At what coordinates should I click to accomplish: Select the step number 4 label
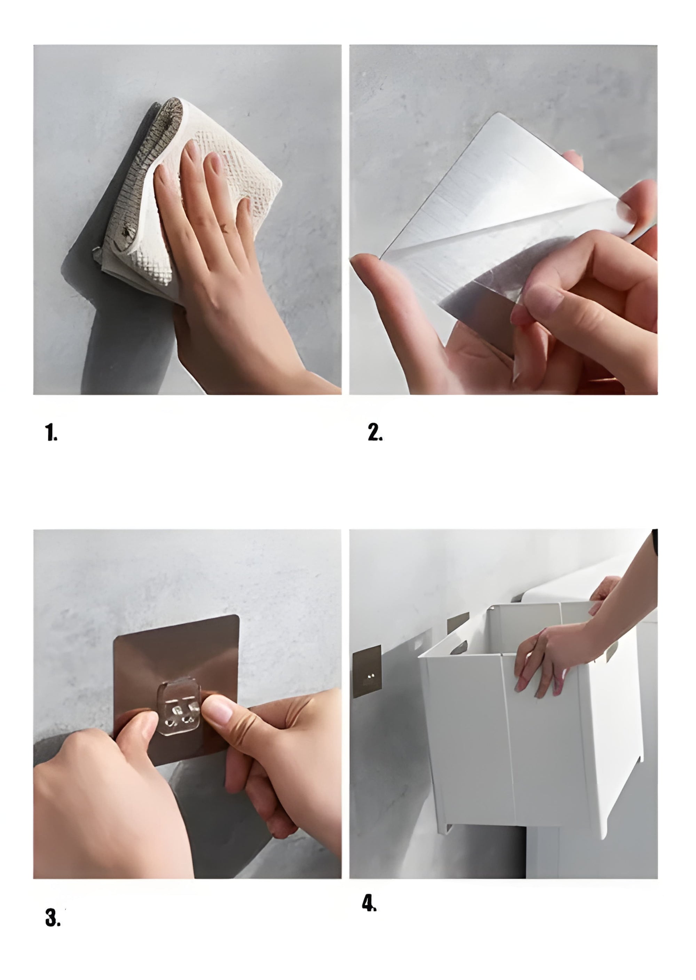tap(369, 903)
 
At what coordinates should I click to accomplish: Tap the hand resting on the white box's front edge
tap(553, 660)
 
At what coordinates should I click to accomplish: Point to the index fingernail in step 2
tap(543, 297)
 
